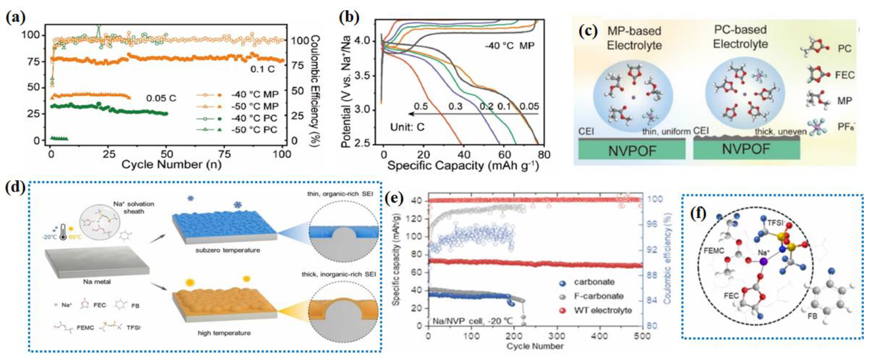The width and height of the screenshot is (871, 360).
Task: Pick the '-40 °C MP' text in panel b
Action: click(x=510, y=45)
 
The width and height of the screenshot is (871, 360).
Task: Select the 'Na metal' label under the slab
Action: click(x=97, y=282)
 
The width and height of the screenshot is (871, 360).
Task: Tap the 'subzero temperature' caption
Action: click(x=228, y=250)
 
